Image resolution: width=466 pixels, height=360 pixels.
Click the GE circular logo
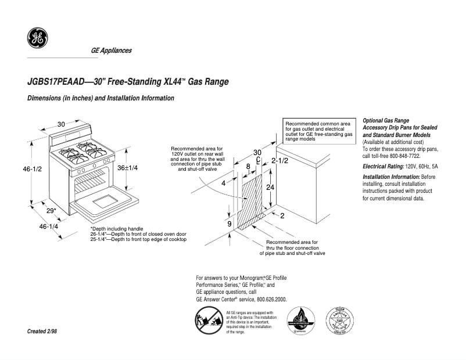pyautogui.click(x=37, y=38)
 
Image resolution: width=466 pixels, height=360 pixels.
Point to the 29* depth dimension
pyautogui.click(x=51, y=211)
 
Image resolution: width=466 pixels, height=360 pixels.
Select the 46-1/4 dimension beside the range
pyautogui.click(x=49, y=226)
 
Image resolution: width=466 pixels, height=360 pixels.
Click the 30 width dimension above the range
pyautogui.click(x=61, y=124)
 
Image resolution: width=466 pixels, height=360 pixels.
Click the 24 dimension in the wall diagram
pyautogui.click(x=270, y=188)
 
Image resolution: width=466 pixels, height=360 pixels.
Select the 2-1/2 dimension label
pyautogui.click(x=280, y=160)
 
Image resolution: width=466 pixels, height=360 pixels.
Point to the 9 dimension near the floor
pyautogui.click(x=229, y=224)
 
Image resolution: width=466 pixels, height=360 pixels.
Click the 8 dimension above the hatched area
pyautogui.click(x=248, y=167)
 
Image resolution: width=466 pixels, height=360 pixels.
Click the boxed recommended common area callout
pyautogui.click(x=319, y=131)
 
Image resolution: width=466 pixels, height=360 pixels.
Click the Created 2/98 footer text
pyautogui.click(x=42, y=331)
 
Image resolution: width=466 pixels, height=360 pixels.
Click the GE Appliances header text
pyautogui.click(x=111, y=51)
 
